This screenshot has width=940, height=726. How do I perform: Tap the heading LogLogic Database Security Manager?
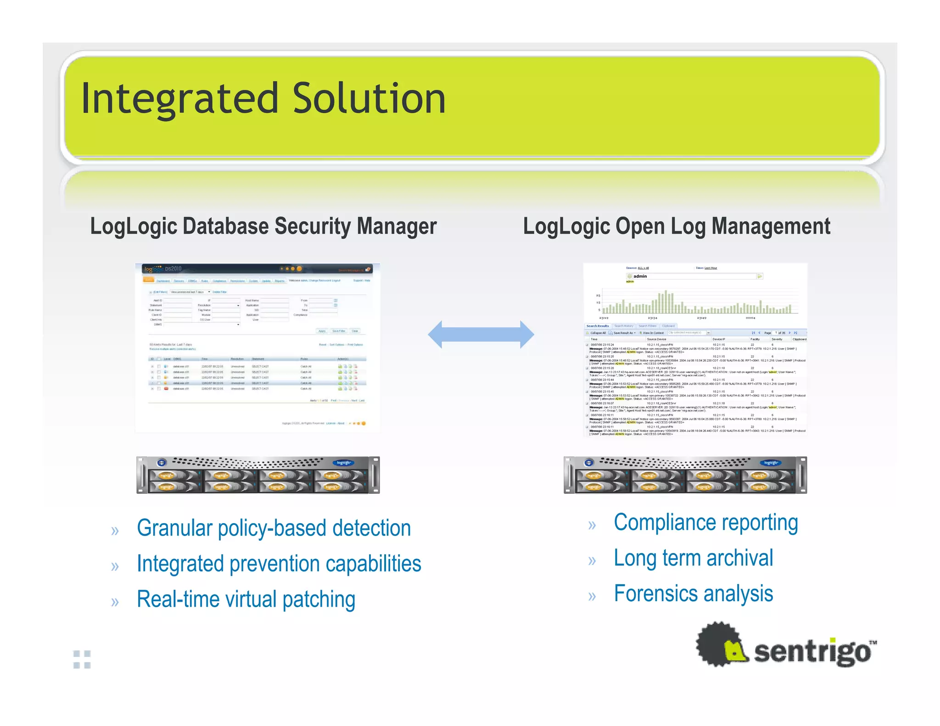263,226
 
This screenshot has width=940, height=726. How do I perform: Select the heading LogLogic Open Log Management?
677,226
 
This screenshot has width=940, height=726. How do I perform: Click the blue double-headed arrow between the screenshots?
481,335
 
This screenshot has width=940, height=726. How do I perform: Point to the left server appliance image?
258,475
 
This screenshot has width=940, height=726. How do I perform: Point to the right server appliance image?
685,475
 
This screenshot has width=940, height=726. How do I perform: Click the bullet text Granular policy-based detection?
274,528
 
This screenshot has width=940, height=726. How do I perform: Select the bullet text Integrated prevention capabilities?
279,564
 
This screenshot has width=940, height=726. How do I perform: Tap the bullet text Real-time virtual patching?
246,599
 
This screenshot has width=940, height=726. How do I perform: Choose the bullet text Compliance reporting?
705,523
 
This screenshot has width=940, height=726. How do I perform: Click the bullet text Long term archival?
693,558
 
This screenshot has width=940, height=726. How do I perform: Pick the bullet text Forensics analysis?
693,594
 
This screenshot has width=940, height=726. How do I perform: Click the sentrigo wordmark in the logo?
812,652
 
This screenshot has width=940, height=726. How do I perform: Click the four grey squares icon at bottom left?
82,659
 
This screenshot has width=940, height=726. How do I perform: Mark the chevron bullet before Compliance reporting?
592,525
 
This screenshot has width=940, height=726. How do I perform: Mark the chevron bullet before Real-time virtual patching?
115,602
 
